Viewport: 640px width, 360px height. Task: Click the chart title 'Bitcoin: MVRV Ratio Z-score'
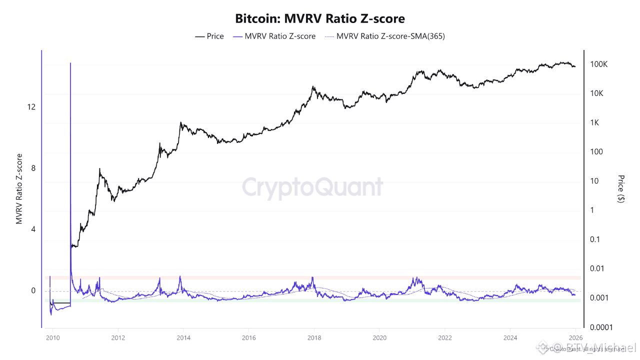pyautogui.click(x=320, y=18)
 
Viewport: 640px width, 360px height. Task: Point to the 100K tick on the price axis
pyautogui.click(x=598, y=64)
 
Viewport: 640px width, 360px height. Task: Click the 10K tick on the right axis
pyautogui.click(x=597, y=93)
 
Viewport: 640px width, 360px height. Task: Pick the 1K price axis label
pyautogui.click(x=595, y=123)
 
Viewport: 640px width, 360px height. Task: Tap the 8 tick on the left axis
pyautogui.click(x=33, y=168)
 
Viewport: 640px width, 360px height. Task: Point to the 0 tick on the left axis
pyautogui.click(x=33, y=291)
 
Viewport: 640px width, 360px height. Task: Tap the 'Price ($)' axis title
pyautogui.click(x=621, y=188)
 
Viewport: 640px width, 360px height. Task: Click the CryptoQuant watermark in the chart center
pyautogui.click(x=313, y=188)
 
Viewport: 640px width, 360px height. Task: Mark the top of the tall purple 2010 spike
pyautogui.click(x=70, y=63)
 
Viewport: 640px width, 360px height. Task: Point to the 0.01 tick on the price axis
pyautogui.click(x=597, y=268)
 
